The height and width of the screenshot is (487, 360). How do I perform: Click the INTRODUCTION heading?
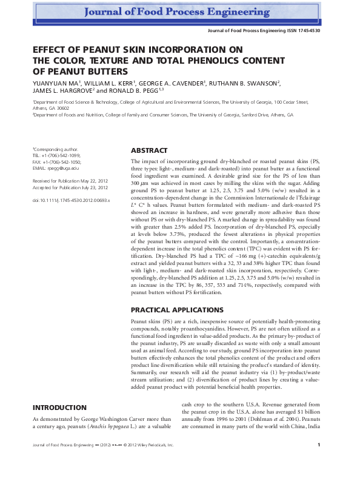coord(59,408)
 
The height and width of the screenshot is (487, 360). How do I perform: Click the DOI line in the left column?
coord(71,200)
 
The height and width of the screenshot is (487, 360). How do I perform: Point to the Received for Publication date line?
coord(71,181)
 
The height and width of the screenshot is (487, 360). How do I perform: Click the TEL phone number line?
coord(56,155)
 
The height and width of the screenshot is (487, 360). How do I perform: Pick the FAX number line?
coord(56,161)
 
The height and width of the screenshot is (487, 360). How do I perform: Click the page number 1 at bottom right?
coord(319,462)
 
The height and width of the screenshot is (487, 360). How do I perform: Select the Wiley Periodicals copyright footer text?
coord(146,462)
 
